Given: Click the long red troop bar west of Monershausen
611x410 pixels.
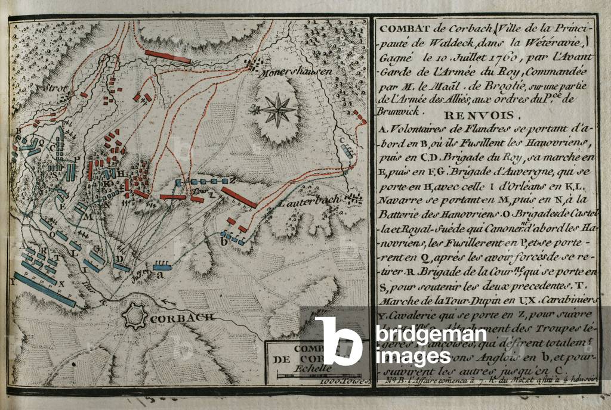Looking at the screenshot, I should tap(168, 57).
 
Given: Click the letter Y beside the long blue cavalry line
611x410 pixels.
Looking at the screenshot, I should tap(13, 282).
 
